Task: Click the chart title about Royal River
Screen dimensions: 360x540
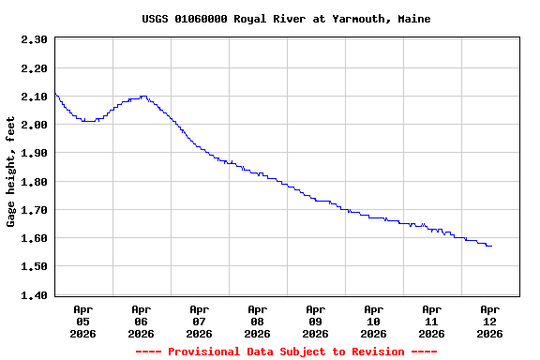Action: pyautogui.click(x=286, y=19)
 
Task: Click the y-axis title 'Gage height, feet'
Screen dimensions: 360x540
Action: pyautogui.click(x=11, y=172)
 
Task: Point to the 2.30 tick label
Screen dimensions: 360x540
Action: pyautogui.click(x=34, y=39)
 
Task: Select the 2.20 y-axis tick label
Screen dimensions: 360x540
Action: pyautogui.click(x=34, y=67)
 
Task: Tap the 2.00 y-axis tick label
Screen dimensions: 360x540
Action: pyautogui.click(x=34, y=125)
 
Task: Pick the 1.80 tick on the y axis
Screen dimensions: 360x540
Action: pyautogui.click(x=34, y=181)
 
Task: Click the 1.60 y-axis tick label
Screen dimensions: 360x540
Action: pyautogui.click(x=34, y=238)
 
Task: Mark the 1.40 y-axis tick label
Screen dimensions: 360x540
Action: pyautogui.click(x=34, y=295)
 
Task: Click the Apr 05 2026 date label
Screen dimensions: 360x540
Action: pyautogui.click(x=82, y=321)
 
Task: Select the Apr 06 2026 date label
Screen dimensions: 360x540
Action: pyautogui.click(x=141, y=321)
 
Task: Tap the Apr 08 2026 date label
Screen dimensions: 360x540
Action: pyautogui.click(x=257, y=321)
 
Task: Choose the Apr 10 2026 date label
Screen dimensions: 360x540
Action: pyautogui.click(x=373, y=321)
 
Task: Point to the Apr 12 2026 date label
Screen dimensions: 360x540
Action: pyautogui.click(x=489, y=321)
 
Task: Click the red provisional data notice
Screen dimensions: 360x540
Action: pyautogui.click(x=286, y=352)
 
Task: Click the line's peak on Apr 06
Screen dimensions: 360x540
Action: pyautogui.click(x=142, y=96)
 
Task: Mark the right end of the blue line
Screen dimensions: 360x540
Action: pyautogui.click(x=491, y=246)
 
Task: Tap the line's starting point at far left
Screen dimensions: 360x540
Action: pyautogui.click(x=55, y=93)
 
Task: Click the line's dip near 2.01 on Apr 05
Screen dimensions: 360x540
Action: pyautogui.click(x=87, y=121)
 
